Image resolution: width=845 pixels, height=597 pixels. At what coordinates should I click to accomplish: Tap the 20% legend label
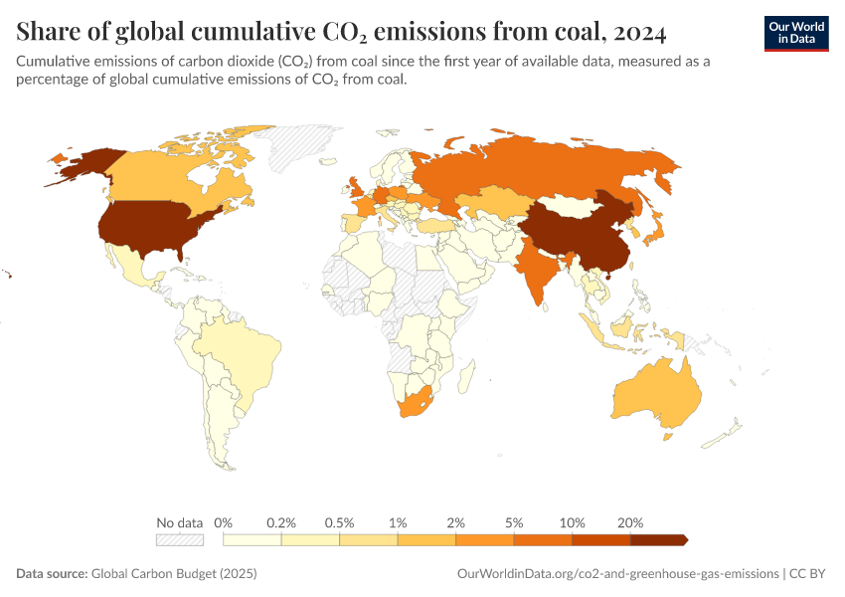(630, 522)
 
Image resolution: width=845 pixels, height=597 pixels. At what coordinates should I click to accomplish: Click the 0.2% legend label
(282, 522)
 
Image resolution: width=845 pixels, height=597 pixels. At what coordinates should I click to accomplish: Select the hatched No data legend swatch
(179, 539)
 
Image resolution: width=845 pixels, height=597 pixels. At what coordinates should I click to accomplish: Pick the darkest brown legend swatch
(658, 539)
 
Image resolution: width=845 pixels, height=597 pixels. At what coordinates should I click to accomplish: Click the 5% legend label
(514, 522)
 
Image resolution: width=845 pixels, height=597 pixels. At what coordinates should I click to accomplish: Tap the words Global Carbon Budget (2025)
(174, 574)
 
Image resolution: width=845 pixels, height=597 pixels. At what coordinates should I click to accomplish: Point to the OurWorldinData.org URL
(617, 574)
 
